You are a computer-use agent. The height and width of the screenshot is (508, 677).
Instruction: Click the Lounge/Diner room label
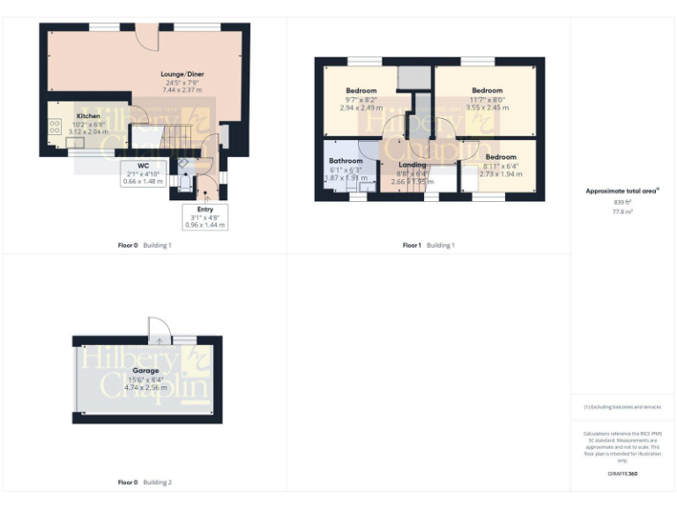pyautogui.click(x=182, y=73)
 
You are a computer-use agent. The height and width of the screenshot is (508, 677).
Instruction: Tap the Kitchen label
pyautogui.click(x=88, y=116)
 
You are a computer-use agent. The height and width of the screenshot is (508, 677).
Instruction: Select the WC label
pyautogui.click(x=143, y=165)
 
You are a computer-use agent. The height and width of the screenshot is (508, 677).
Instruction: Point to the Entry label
pyautogui.click(x=205, y=208)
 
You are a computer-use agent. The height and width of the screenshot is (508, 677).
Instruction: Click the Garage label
pyautogui.click(x=145, y=370)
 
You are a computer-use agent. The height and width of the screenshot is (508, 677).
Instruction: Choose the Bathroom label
pyautogui.click(x=346, y=161)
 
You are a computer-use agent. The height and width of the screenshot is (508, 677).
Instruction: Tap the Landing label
pyautogui.click(x=413, y=165)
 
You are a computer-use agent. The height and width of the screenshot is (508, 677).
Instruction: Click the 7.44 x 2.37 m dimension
pyautogui.click(x=182, y=90)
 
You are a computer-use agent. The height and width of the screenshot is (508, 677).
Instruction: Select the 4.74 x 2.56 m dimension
pyautogui.click(x=145, y=387)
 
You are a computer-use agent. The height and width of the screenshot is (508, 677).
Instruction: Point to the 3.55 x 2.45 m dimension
pyautogui.click(x=487, y=108)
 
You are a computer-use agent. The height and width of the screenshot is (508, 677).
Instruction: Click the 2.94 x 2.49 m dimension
pyautogui.click(x=361, y=108)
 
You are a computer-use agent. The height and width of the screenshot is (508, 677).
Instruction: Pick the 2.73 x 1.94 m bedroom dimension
pyautogui.click(x=500, y=174)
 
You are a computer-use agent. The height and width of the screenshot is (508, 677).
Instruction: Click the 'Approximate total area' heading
pyautogui.click(x=622, y=190)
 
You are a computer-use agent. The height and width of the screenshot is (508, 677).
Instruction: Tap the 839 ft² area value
pyautogui.click(x=622, y=202)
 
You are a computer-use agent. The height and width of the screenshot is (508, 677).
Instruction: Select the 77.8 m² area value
pyautogui.click(x=622, y=212)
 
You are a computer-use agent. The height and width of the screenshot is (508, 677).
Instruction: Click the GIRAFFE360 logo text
pyautogui.click(x=622, y=474)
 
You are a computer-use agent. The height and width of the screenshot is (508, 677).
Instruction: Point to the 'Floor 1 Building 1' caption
pyautogui.click(x=428, y=244)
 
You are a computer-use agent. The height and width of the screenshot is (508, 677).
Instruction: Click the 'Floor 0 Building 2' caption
pyautogui.click(x=145, y=482)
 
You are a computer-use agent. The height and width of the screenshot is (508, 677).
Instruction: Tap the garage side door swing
pyautogui.click(x=158, y=327)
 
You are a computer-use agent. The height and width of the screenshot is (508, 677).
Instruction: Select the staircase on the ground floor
pyautogui.click(x=175, y=137)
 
